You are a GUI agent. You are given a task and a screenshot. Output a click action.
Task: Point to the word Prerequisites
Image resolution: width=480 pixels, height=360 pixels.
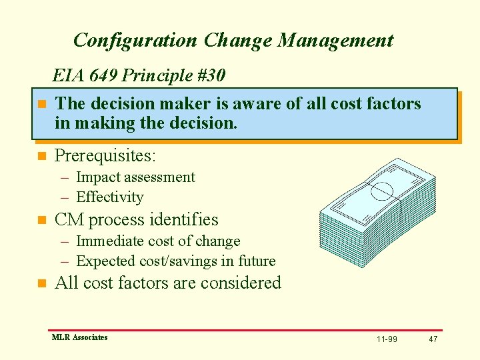point(105,156)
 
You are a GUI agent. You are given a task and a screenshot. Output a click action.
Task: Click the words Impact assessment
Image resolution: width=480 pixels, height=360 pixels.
point(135,177)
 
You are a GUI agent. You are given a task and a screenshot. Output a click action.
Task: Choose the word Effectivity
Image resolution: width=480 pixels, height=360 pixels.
point(110,197)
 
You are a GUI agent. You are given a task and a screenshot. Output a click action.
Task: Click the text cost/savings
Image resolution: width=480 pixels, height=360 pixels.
point(171,261)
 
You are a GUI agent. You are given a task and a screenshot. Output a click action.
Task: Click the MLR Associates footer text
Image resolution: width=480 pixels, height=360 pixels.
point(79,337)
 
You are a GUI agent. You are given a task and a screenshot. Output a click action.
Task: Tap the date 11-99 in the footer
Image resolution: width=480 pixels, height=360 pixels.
point(387,339)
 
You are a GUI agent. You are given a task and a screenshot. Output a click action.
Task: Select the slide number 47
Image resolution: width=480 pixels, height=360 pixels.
point(433,339)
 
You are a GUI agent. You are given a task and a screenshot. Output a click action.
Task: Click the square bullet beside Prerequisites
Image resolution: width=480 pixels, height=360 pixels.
point(41,157)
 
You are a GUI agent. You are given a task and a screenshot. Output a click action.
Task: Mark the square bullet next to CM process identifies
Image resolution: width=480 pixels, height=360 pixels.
point(41,220)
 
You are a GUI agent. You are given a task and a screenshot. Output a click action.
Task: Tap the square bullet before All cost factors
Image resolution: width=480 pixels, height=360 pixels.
point(41,283)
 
